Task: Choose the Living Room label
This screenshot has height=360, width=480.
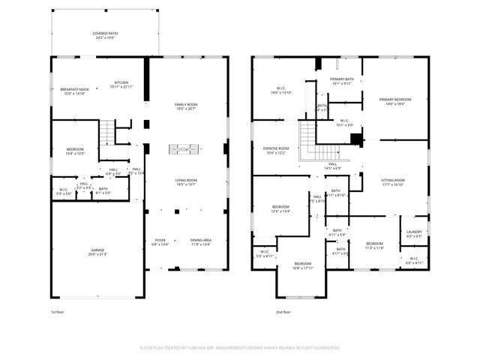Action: (186, 181)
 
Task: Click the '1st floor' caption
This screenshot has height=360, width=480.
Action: (58, 311)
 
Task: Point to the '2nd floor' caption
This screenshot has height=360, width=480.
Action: (283, 311)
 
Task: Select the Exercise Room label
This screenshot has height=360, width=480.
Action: (276, 150)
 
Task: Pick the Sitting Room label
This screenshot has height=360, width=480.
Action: (393, 181)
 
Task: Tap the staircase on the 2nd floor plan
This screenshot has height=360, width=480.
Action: (307, 136)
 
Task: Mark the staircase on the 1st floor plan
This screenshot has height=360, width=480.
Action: (109, 133)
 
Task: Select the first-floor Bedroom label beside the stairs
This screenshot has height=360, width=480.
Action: (75, 150)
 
